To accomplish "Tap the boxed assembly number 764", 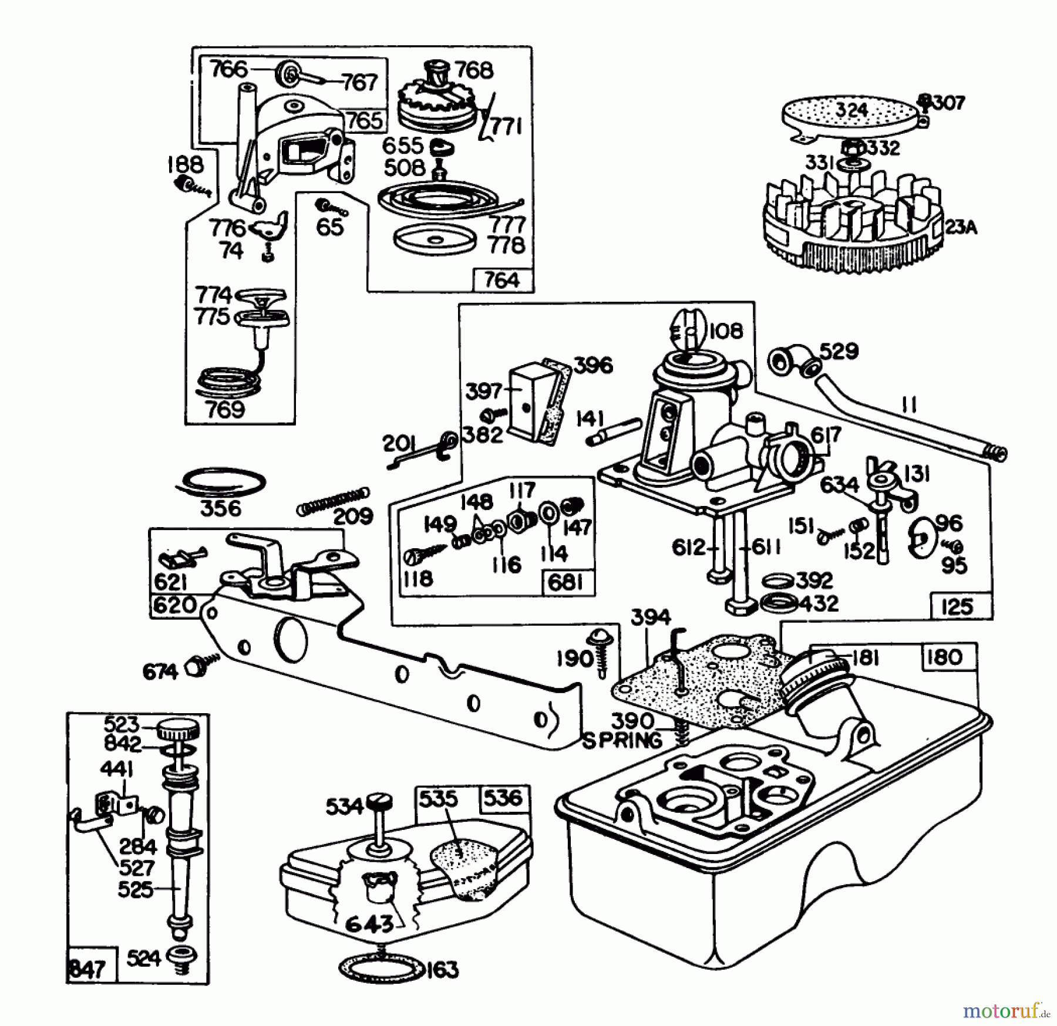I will (503, 280).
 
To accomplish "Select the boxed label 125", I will (957, 606).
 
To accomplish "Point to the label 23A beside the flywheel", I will (961, 227).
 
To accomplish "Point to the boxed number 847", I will (88, 968).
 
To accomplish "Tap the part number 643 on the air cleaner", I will (368, 924).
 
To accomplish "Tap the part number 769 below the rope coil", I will (225, 409).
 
